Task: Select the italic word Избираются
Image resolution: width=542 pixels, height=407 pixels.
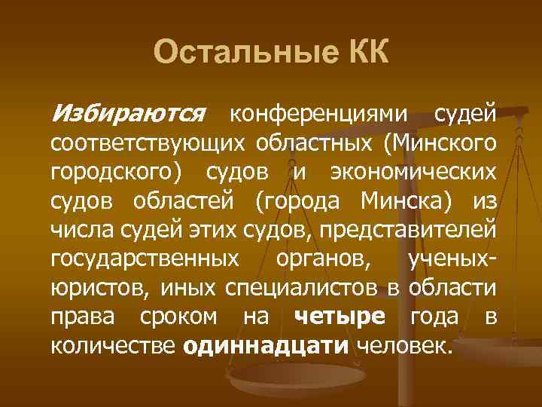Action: click(127, 114)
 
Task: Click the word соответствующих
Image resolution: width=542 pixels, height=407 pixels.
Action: click(147, 142)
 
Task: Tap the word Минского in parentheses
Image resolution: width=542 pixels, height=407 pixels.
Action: click(443, 142)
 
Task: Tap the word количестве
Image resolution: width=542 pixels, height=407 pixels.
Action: click(113, 346)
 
